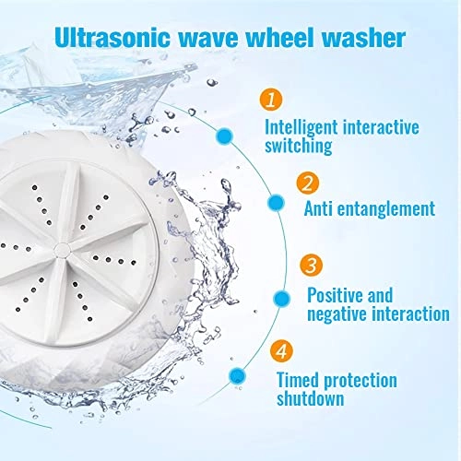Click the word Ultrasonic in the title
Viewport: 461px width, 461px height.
coord(112,38)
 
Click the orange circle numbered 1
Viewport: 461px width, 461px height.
coord(271,99)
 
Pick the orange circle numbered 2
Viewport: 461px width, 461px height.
coord(308,183)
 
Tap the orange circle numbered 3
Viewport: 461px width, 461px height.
coord(312,265)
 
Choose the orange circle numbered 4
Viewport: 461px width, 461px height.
coord(281,350)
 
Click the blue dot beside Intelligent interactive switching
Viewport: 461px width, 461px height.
coord(224,136)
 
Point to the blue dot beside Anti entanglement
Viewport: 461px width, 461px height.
coord(276,203)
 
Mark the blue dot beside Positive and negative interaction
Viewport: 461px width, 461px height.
coord(282,299)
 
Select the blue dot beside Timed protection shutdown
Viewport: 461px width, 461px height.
coord(237,376)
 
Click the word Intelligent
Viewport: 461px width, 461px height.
coord(301,127)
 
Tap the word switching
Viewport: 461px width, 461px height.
coord(299,146)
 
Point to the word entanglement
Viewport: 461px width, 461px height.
coord(386,208)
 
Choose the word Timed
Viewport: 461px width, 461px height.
coord(298,380)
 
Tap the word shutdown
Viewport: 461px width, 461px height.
coord(310,398)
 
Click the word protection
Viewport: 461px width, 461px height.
coord(361,381)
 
